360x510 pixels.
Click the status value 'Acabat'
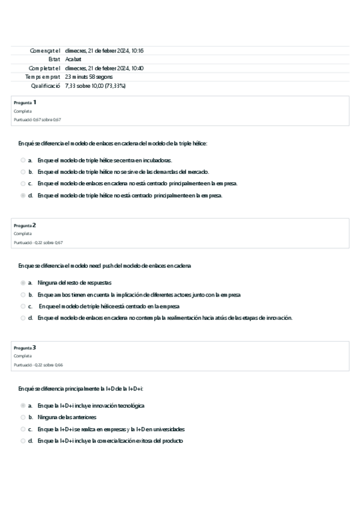pyautogui.click(x=73, y=60)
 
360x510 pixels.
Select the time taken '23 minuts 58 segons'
pyautogui.click(x=88, y=77)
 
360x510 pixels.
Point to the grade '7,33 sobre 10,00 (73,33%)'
pyautogui.click(x=95, y=86)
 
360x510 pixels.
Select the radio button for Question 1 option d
pyautogui.click(x=23, y=195)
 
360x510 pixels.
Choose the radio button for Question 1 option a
pyautogui.click(x=23, y=161)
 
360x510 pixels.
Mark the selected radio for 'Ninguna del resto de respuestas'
pyautogui.click(x=23, y=283)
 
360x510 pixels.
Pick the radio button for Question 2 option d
pyautogui.click(x=23, y=318)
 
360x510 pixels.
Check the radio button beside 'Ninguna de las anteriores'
pyautogui.click(x=23, y=417)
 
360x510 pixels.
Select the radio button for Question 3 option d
pyautogui.click(x=23, y=440)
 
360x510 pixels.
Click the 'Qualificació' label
pyautogui.click(x=46, y=86)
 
